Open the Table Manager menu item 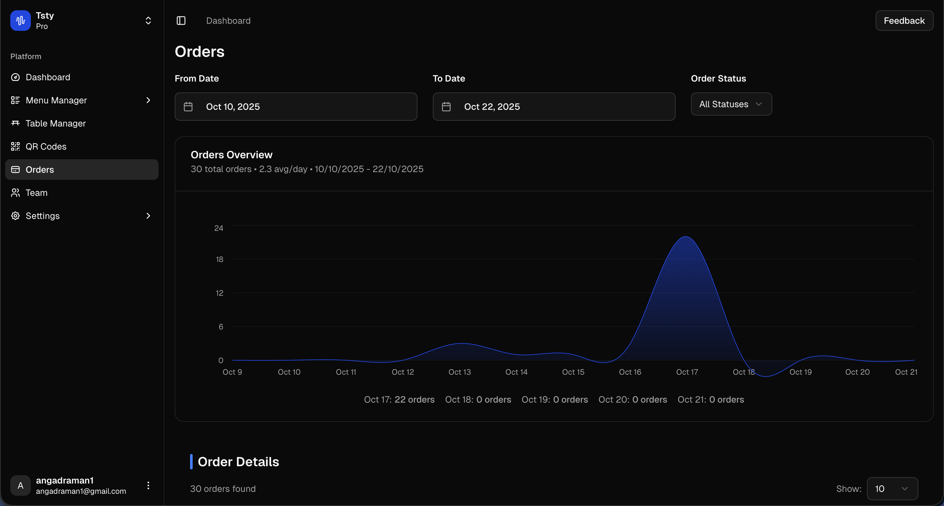click(x=55, y=124)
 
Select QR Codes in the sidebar click(x=46, y=146)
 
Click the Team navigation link click(x=36, y=193)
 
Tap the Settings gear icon click(x=15, y=216)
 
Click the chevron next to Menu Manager click(x=148, y=100)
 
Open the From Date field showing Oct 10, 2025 click(x=295, y=107)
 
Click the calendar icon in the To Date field click(x=446, y=107)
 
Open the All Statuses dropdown click(x=731, y=104)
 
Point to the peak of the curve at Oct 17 click(x=686, y=237)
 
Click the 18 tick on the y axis click(x=220, y=259)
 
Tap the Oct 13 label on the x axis click(x=459, y=372)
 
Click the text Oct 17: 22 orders click(x=399, y=399)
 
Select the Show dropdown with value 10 click(x=892, y=488)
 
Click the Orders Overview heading click(x=231, y=155)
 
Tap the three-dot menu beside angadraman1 click(x=148, y=485)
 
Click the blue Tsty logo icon click(x=21, y=21)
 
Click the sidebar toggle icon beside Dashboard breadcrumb click(x=181, y=21)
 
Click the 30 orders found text click(x=223, y=489)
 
